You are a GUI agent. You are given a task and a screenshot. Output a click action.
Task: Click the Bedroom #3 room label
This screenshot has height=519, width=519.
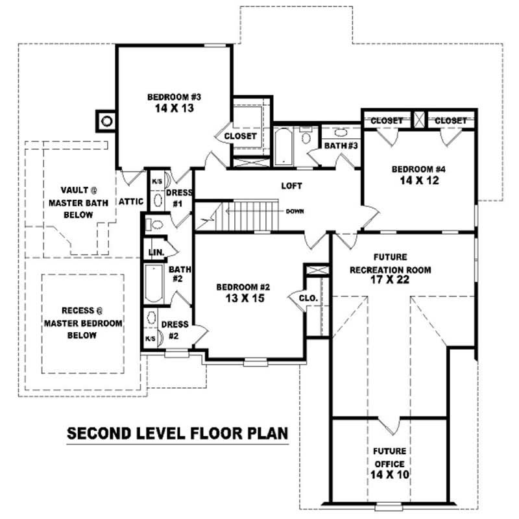174,97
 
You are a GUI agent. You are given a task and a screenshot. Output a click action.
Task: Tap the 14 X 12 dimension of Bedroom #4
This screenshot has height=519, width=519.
419,180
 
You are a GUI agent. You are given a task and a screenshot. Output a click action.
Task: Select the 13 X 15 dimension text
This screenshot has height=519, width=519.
245,298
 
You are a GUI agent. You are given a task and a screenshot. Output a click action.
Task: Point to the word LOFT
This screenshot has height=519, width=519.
291,186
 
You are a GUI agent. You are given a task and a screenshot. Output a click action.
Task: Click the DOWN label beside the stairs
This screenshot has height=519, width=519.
295,211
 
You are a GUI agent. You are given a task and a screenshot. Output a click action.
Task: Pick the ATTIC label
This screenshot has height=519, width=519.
131,202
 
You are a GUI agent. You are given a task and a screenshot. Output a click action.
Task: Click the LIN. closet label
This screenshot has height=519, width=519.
156,252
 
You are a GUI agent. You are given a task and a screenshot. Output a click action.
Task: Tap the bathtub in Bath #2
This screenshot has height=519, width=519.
154,284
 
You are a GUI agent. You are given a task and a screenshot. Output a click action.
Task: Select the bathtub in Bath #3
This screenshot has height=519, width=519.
284,147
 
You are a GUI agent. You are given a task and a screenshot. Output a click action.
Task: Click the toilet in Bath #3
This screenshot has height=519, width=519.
306,136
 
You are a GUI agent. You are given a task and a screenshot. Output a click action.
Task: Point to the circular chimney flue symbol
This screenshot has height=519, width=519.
106,121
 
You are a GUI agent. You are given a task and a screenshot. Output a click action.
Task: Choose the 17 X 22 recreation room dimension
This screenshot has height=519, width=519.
390,280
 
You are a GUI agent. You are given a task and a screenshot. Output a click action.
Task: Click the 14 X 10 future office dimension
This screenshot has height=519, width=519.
390,475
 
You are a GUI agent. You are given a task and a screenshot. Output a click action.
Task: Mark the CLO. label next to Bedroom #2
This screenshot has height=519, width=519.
308,298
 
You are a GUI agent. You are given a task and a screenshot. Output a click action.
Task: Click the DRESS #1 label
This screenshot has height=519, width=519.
179,198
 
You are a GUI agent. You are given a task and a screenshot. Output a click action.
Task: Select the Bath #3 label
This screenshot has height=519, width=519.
341,145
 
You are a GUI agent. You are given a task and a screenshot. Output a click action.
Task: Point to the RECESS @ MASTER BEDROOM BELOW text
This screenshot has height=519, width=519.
83,323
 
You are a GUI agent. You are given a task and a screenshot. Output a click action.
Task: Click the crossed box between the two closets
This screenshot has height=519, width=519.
419,119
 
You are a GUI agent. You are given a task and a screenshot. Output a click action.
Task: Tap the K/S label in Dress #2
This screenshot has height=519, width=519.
151,339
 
